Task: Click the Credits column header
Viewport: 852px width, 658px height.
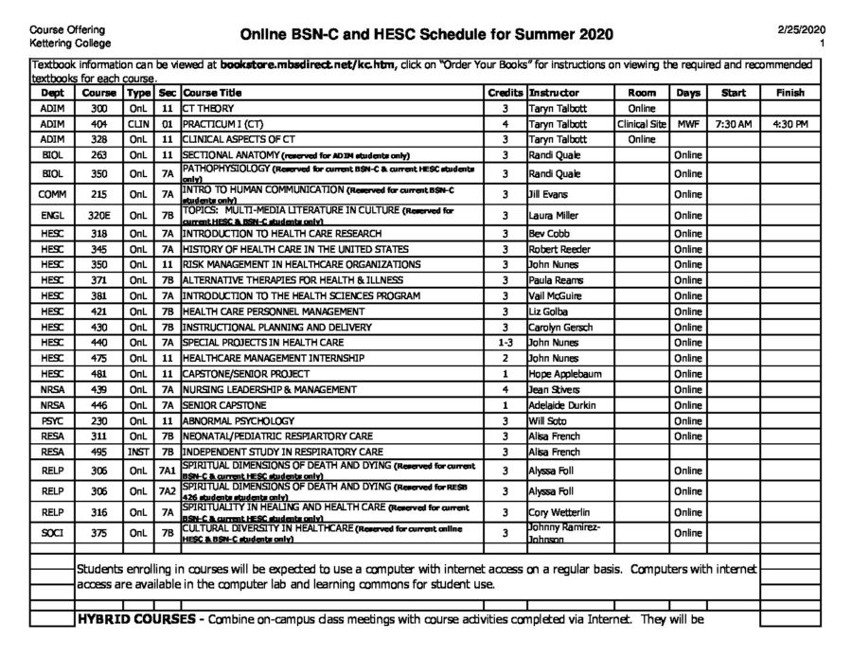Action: [505, 94]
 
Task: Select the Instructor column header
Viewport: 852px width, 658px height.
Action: [554, 94]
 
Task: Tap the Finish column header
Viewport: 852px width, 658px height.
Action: [790, 94]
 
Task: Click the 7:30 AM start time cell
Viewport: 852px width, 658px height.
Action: [734, 124]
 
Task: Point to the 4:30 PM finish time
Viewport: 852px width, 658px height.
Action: [790, 124]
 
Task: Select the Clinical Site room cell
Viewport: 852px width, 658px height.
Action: [642, 124]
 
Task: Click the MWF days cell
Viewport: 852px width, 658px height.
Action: [688, 124]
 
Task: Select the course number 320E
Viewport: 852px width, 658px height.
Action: [100, 215]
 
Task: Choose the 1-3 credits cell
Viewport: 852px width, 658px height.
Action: [506, 343]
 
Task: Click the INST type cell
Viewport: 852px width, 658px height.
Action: [138, 452]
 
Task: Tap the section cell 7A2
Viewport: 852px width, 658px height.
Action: [167, 491]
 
